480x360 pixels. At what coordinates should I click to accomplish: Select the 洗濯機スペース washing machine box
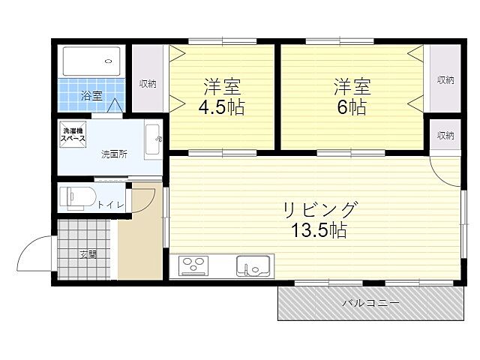pos(73,136)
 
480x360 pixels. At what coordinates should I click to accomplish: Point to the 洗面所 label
pos(115,155)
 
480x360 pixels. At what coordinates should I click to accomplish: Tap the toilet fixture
pos(77,196)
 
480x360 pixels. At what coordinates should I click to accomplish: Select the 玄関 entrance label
pos(88,253)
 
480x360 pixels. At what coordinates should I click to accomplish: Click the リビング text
pos(319,208)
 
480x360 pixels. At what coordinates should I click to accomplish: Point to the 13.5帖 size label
pos(319,230)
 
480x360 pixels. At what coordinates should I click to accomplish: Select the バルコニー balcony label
pos(370,302)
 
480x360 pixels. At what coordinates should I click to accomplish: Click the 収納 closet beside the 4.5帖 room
pos(148,82)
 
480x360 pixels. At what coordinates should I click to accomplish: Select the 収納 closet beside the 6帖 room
pos(445,79)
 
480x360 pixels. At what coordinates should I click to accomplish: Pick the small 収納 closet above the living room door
pos(445,136)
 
